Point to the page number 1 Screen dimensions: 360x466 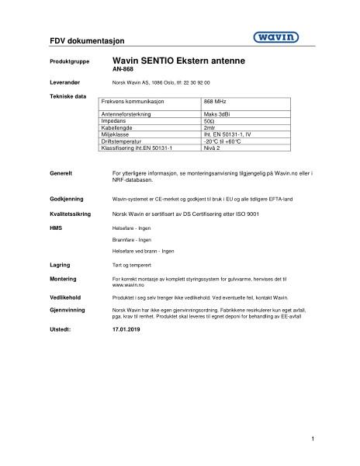tap(312, 439)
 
